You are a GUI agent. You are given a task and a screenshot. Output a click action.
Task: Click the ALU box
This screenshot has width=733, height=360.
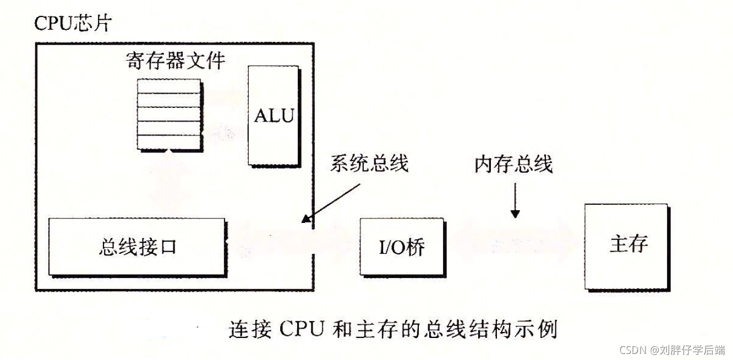coord(273,116)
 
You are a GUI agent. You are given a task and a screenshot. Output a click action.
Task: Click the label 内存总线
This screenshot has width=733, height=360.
coord(513,164)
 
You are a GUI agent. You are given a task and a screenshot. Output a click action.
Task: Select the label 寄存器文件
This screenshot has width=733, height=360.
coord(174,60)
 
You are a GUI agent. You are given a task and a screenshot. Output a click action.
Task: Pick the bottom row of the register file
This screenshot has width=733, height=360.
coord(168,141)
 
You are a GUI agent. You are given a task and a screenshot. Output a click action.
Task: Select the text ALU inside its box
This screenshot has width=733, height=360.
coord(273,116)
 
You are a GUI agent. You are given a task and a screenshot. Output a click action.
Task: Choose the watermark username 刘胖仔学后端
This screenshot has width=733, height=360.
coord(693,350)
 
